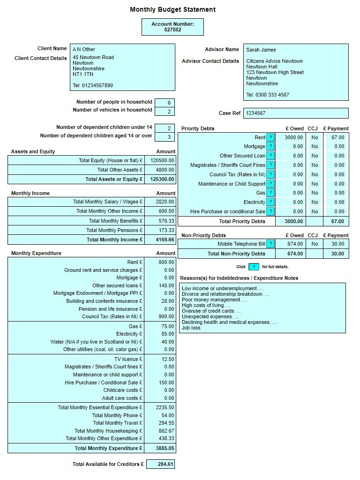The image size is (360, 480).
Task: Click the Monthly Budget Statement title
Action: (x=172, y=9)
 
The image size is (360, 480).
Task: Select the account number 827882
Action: (x=172, y=30)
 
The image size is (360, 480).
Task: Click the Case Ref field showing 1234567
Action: (x=296, y=113)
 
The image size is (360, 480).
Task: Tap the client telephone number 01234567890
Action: (x=93, y=85)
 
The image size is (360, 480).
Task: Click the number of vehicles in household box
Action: (x=165, y=112)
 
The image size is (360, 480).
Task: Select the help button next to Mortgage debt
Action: (x=270, y=147)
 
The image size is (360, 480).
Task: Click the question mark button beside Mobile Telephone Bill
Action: (x=270, y=244)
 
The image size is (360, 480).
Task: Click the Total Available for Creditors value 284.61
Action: (x=161, y=465)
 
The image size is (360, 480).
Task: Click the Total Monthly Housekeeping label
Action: (x=108, y=431)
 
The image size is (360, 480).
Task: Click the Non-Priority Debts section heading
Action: (x=203, y=235)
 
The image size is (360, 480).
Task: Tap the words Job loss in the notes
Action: (x=192, y=328)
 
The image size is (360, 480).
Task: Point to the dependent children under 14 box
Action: (x=165, y=128)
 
